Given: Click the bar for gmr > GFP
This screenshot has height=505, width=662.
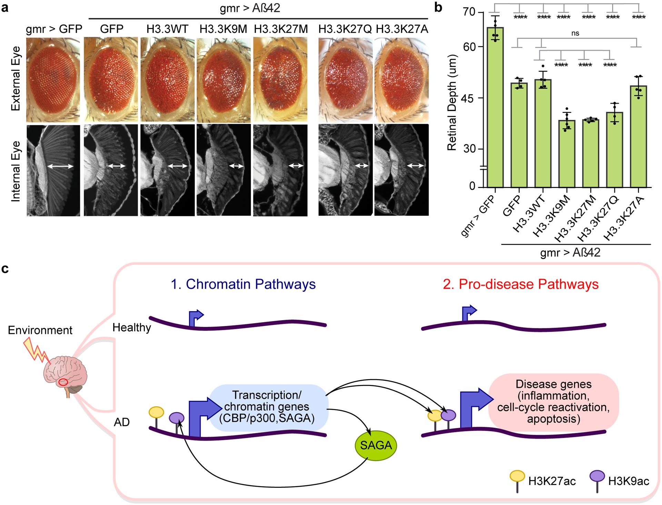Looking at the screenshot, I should point(495,107).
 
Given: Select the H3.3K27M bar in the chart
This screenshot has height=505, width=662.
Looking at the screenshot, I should point(591,153).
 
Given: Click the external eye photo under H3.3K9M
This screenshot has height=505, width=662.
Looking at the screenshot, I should point(223,79).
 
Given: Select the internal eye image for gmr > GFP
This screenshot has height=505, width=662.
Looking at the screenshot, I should point(53,170).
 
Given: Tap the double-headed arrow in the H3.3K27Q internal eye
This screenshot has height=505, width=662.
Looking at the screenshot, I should point(362,166).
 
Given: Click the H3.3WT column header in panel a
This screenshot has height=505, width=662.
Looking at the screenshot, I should point(167,29).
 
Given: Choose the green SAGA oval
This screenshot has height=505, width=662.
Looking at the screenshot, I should point(376,445).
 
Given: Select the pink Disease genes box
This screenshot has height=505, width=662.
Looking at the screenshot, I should point(553,402).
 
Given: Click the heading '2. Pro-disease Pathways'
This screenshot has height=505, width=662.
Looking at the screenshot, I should point(521,284).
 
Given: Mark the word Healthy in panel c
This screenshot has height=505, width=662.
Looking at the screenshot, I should point(132,327).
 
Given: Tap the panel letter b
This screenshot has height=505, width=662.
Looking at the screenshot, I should point(438,8).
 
